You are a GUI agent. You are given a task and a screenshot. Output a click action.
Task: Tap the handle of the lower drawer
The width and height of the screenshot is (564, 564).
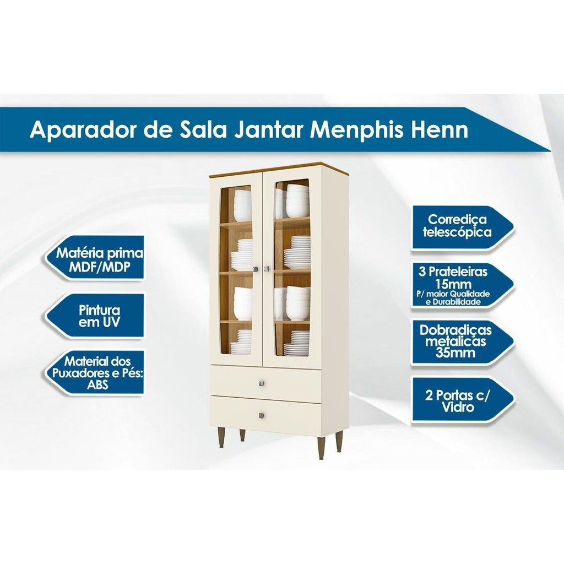tap(262, 415)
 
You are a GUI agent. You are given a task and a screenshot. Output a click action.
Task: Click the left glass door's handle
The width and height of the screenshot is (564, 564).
tap(256, 269)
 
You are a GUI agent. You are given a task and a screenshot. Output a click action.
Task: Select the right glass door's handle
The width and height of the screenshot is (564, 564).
tap(267, 268)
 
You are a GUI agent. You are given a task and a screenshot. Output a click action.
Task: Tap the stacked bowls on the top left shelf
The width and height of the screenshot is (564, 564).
tap(243, 205)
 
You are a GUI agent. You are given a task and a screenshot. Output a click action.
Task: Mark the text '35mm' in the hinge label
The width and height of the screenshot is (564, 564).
tap(455, 352)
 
